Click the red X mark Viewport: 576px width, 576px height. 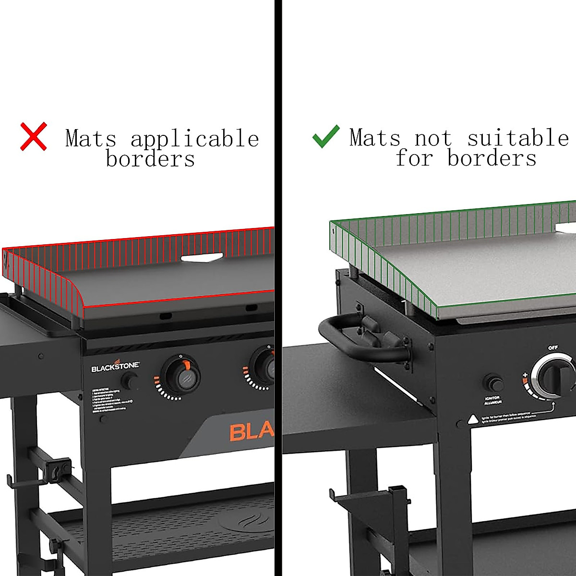34,136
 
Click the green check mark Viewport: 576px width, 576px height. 326,136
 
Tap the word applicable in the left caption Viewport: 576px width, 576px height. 195,139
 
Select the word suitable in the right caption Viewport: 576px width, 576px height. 518,138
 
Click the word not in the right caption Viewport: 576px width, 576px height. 433,138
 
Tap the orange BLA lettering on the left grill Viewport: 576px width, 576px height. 251,432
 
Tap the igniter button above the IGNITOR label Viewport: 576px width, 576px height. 493,384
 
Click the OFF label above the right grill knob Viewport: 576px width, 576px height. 553,348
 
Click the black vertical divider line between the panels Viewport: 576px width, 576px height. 278,288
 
